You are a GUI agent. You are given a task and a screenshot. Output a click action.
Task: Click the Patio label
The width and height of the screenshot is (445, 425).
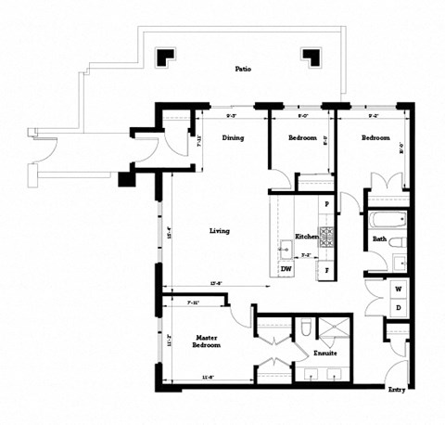(244, 68)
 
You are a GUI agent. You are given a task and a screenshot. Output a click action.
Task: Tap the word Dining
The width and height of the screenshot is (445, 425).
(234, 138)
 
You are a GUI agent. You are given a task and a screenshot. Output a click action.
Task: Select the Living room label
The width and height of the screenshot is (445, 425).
(220, 231)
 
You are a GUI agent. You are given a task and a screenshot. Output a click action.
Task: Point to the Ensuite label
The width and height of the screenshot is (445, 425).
(324, 354)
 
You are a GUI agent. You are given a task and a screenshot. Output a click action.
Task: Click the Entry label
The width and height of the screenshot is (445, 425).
(397, 390)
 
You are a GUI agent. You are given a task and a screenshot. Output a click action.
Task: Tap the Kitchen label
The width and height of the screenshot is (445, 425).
(307, 238)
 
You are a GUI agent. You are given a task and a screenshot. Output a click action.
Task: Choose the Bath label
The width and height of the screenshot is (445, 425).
(379, 238)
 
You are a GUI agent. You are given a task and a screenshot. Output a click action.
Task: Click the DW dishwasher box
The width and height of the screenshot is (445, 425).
(286, 269)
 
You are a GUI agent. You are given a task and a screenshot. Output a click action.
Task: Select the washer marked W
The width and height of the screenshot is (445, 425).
(397, 289)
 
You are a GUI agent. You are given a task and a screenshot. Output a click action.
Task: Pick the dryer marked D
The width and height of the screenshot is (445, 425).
(397, 307)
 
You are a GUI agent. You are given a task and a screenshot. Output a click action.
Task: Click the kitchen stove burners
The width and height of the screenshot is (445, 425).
(326, 233)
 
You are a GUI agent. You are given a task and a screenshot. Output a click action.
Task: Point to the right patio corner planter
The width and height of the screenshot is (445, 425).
(312, 57)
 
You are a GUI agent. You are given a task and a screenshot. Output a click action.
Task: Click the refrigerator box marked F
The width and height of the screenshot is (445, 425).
(326, 269)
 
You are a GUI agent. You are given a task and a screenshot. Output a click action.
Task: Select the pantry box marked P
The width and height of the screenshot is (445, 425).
(326, 203)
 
